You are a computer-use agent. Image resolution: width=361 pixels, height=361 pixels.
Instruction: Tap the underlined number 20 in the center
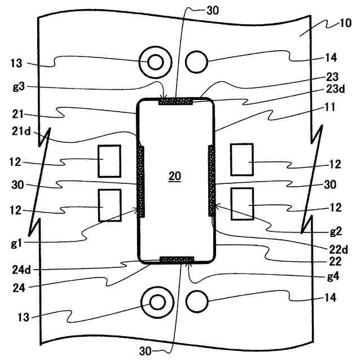[x=175, y=177]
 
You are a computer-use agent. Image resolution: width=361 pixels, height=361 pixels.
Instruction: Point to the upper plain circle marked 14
[x=196, y=61]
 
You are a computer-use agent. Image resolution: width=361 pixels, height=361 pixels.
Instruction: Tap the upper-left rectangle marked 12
[x=109, y=160]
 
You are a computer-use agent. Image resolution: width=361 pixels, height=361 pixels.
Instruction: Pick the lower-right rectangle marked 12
[x=243, y=204]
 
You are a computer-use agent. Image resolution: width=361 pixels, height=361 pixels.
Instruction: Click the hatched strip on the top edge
[x=176, y=102]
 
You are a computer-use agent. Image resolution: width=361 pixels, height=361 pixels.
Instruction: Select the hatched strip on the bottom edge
[x=177, y=260]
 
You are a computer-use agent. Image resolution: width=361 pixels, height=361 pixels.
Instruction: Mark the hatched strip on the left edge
[x=142, y=180]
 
